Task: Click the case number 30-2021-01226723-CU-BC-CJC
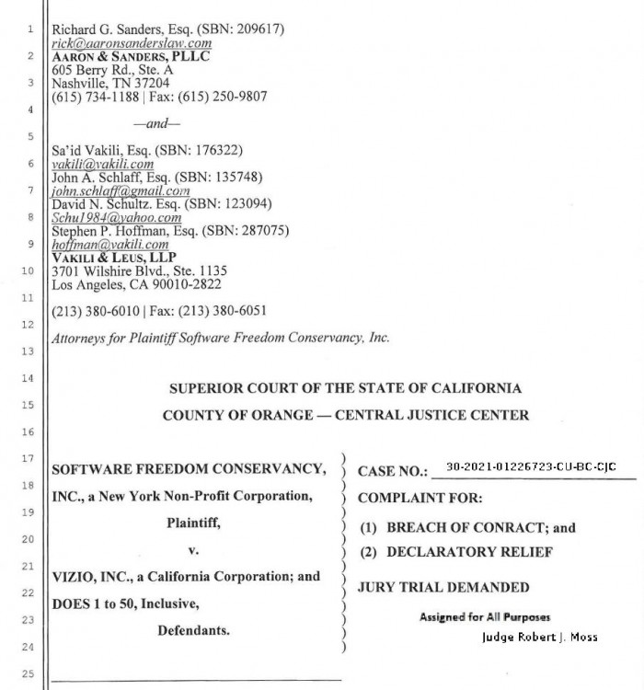click(x=531, y=467)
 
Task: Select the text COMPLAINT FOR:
click(x=413, y=500)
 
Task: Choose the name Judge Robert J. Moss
click(x=538, y=636)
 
